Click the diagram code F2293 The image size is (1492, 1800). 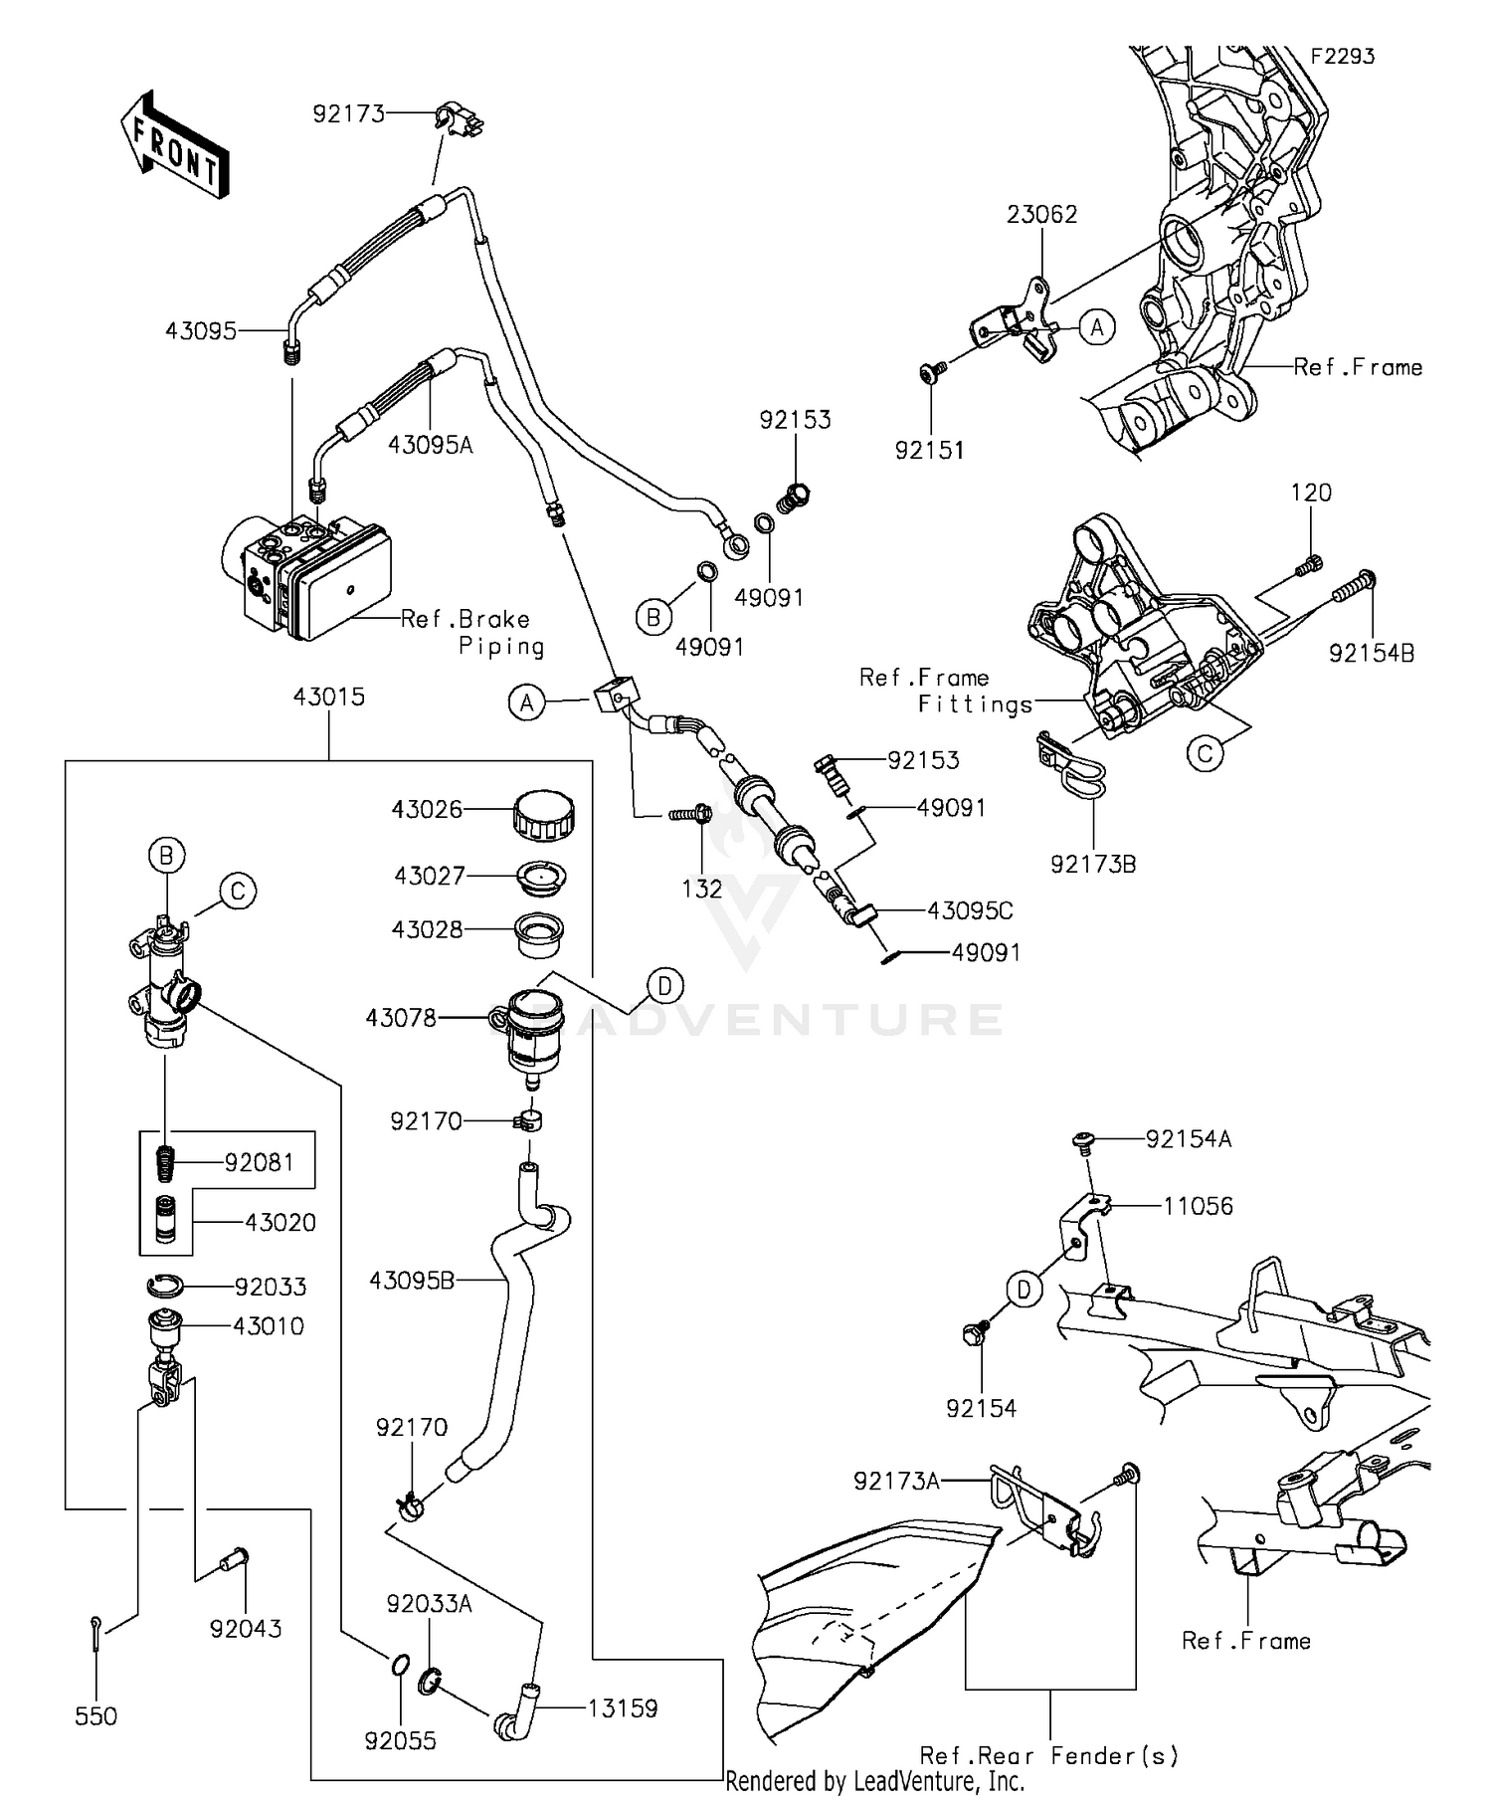pos(1342,57)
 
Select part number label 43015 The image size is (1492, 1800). pos(328,697)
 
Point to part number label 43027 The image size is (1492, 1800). pos(429,876)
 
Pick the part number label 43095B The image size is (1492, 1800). pos(412,1281)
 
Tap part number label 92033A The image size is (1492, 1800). pos(429,1603)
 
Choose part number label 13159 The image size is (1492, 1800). pos(623,1708)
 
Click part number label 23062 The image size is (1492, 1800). pos(1041,214)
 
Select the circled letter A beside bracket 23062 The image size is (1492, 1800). pos(1097,326)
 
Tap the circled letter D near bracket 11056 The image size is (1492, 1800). pos(1024,1291)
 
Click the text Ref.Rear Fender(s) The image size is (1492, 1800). pos(1048,1755)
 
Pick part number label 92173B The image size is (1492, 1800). pos(1093,864)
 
